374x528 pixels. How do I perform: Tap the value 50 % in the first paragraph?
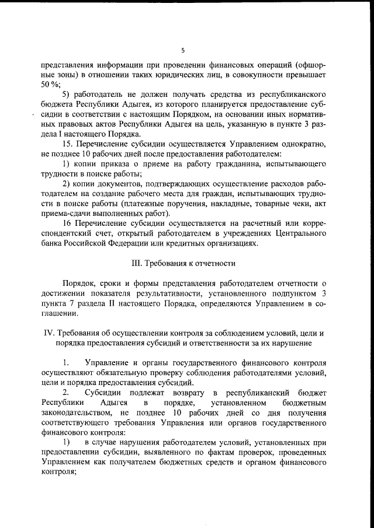click(x=51, y=85)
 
